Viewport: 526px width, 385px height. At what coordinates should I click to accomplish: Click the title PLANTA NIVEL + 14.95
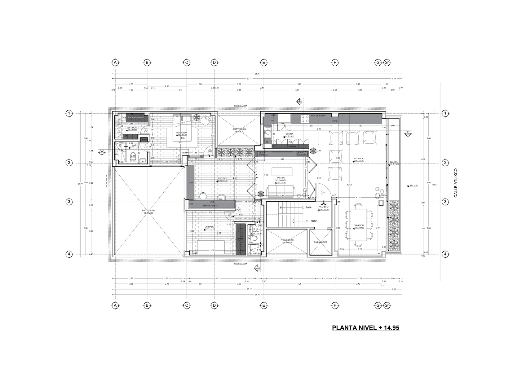[x=365, y=328]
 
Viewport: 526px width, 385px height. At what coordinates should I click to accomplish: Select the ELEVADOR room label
[x=320, y=242]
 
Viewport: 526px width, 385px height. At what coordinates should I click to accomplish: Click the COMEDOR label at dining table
[x=358, y=225]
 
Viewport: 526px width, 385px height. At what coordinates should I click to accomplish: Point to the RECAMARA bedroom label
[x=182, y=133]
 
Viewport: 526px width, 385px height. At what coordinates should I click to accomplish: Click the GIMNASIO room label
[x=210, y=227]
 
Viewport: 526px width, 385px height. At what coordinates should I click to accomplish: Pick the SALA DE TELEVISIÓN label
[x=281, y=179]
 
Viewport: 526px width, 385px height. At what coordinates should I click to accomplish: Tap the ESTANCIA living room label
[x=359, y=158]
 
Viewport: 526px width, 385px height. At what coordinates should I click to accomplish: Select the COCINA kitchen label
[x=289, y=134]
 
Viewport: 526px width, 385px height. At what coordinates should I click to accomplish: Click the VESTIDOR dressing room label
[x=131, y=128]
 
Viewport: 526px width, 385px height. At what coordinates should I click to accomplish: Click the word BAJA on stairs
[x=308, y=207]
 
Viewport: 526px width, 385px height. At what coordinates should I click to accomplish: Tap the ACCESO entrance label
[x=324, y=207]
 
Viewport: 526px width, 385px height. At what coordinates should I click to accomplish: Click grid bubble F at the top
[x=335, y=63]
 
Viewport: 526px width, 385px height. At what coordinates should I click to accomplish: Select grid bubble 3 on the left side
[x=69, y=202]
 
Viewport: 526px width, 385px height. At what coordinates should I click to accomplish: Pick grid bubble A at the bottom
[x=115, y=305]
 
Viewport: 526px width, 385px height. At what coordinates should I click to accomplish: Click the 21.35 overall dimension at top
[x=257, y=74]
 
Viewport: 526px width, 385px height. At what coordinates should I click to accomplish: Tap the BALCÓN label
[x=394, y=162]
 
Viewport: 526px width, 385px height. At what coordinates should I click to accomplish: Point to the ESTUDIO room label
[x=222, y=178]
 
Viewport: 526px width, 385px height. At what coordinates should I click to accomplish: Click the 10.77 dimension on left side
[x=80, y=184]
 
